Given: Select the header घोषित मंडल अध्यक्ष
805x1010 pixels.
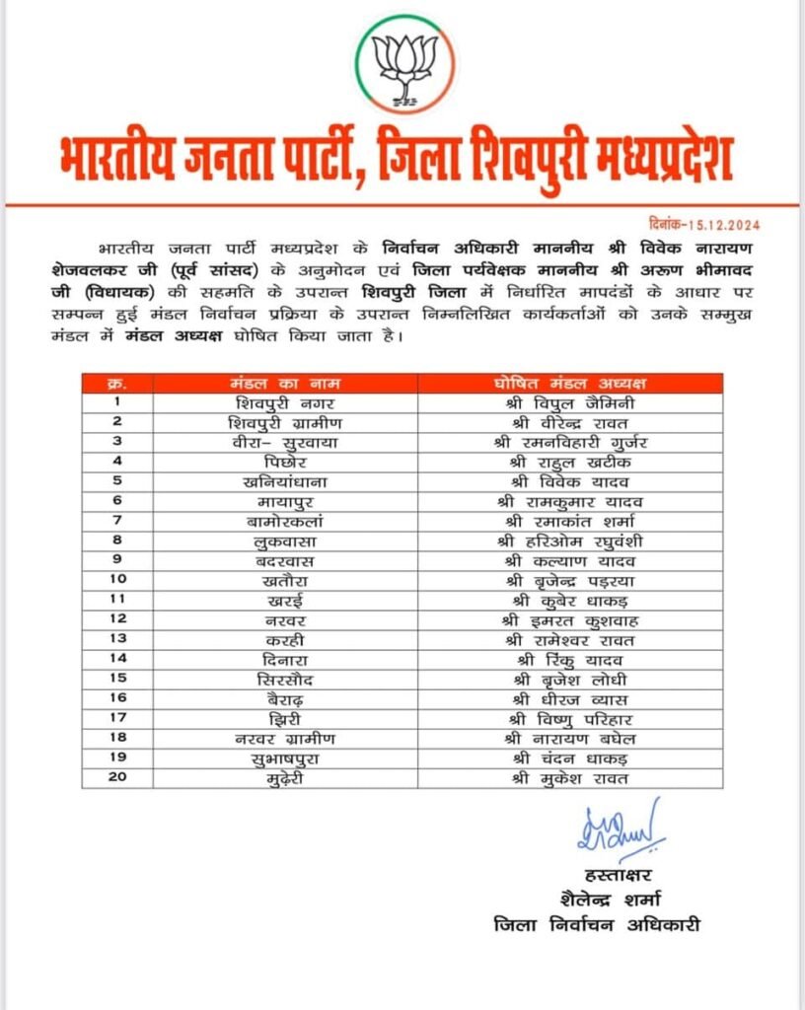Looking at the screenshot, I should click(570, 383).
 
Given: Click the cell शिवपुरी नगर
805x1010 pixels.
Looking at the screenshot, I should click(252, 402).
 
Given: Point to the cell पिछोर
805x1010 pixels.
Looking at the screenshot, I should click(252, 461).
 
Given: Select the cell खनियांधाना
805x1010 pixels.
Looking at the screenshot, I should click(252, 480).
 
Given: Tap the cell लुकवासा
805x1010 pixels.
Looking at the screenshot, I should click(252, 540).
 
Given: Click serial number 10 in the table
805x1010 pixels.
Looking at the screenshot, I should click(116, 579).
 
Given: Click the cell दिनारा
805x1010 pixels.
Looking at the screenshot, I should click(252, 658).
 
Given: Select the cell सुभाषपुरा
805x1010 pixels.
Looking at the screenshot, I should click(252, 757).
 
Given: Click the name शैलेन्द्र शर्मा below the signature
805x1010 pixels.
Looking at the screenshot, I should click(609, 899).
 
